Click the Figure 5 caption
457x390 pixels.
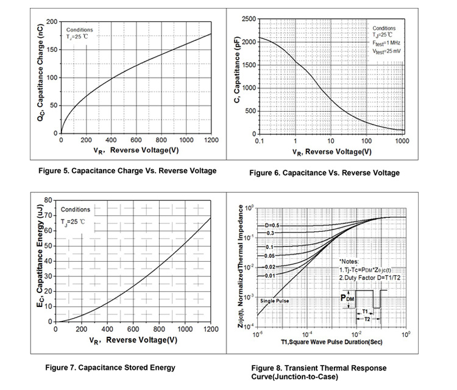140,170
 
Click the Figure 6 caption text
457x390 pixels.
324,173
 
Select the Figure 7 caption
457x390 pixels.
110,367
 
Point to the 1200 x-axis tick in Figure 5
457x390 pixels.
211,140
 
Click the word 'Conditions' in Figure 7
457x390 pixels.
76,209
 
